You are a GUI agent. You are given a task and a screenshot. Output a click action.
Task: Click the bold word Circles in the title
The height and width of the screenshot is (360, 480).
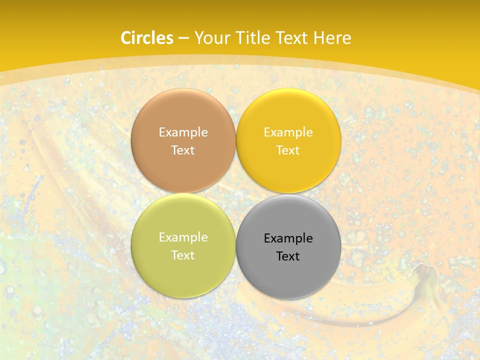click(147, 38)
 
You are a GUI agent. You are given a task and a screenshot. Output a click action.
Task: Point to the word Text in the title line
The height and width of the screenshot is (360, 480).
click(291, 38)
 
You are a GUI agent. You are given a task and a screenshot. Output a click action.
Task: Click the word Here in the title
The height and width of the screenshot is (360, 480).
click(332, 38)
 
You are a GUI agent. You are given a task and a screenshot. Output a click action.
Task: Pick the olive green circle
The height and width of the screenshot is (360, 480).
click(183, 270)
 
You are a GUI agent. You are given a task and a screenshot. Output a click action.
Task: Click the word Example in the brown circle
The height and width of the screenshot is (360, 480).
click(183, 132)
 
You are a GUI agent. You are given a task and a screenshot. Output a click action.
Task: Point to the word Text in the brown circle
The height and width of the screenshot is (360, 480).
click(183, 150)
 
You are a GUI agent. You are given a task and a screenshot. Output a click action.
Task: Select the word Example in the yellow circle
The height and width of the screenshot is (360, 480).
click(288, 132)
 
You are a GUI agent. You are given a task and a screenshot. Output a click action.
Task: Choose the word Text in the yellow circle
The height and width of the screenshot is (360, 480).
click(288, 150)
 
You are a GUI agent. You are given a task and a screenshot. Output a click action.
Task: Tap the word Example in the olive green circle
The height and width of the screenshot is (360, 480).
click(183, 237)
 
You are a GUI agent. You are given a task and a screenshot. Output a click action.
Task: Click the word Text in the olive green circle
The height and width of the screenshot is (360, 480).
click(183, 255)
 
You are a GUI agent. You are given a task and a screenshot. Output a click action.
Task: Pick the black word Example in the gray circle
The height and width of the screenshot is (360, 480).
click(288, 238)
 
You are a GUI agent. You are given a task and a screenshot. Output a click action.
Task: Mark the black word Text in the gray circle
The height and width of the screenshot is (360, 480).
click(288, 256)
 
